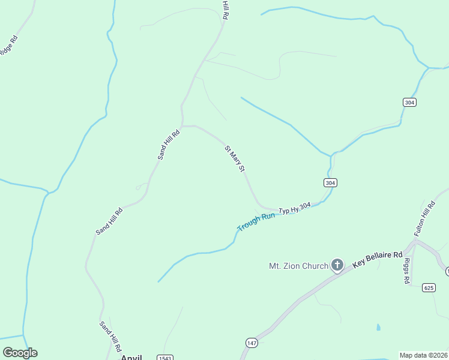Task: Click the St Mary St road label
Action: (x=235, y=158)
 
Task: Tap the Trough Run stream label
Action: (x=256, y=222)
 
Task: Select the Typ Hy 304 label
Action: (x=295, y=209)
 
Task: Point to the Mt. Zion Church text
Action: (x=298, y=266)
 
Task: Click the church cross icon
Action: (x=337, y=265)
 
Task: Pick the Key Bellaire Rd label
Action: (x=378, y=259)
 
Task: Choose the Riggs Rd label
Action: (x=406, y=271)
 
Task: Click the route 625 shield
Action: (x=428, y=287)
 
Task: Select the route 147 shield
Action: (x=252, y=342)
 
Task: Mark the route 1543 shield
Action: (x=165, y=358)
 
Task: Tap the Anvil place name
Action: (x=132, y=358)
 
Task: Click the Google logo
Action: (x=20, y=353)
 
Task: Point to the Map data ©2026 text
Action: (x=424, y=355)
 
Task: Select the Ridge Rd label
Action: (x=8, y=46)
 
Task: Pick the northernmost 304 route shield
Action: (x=409, y=103)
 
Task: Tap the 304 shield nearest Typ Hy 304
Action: (x=330, y=182)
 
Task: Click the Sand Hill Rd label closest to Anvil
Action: (x=110, y=335)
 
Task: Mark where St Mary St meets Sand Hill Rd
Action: (x=182, y=126)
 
